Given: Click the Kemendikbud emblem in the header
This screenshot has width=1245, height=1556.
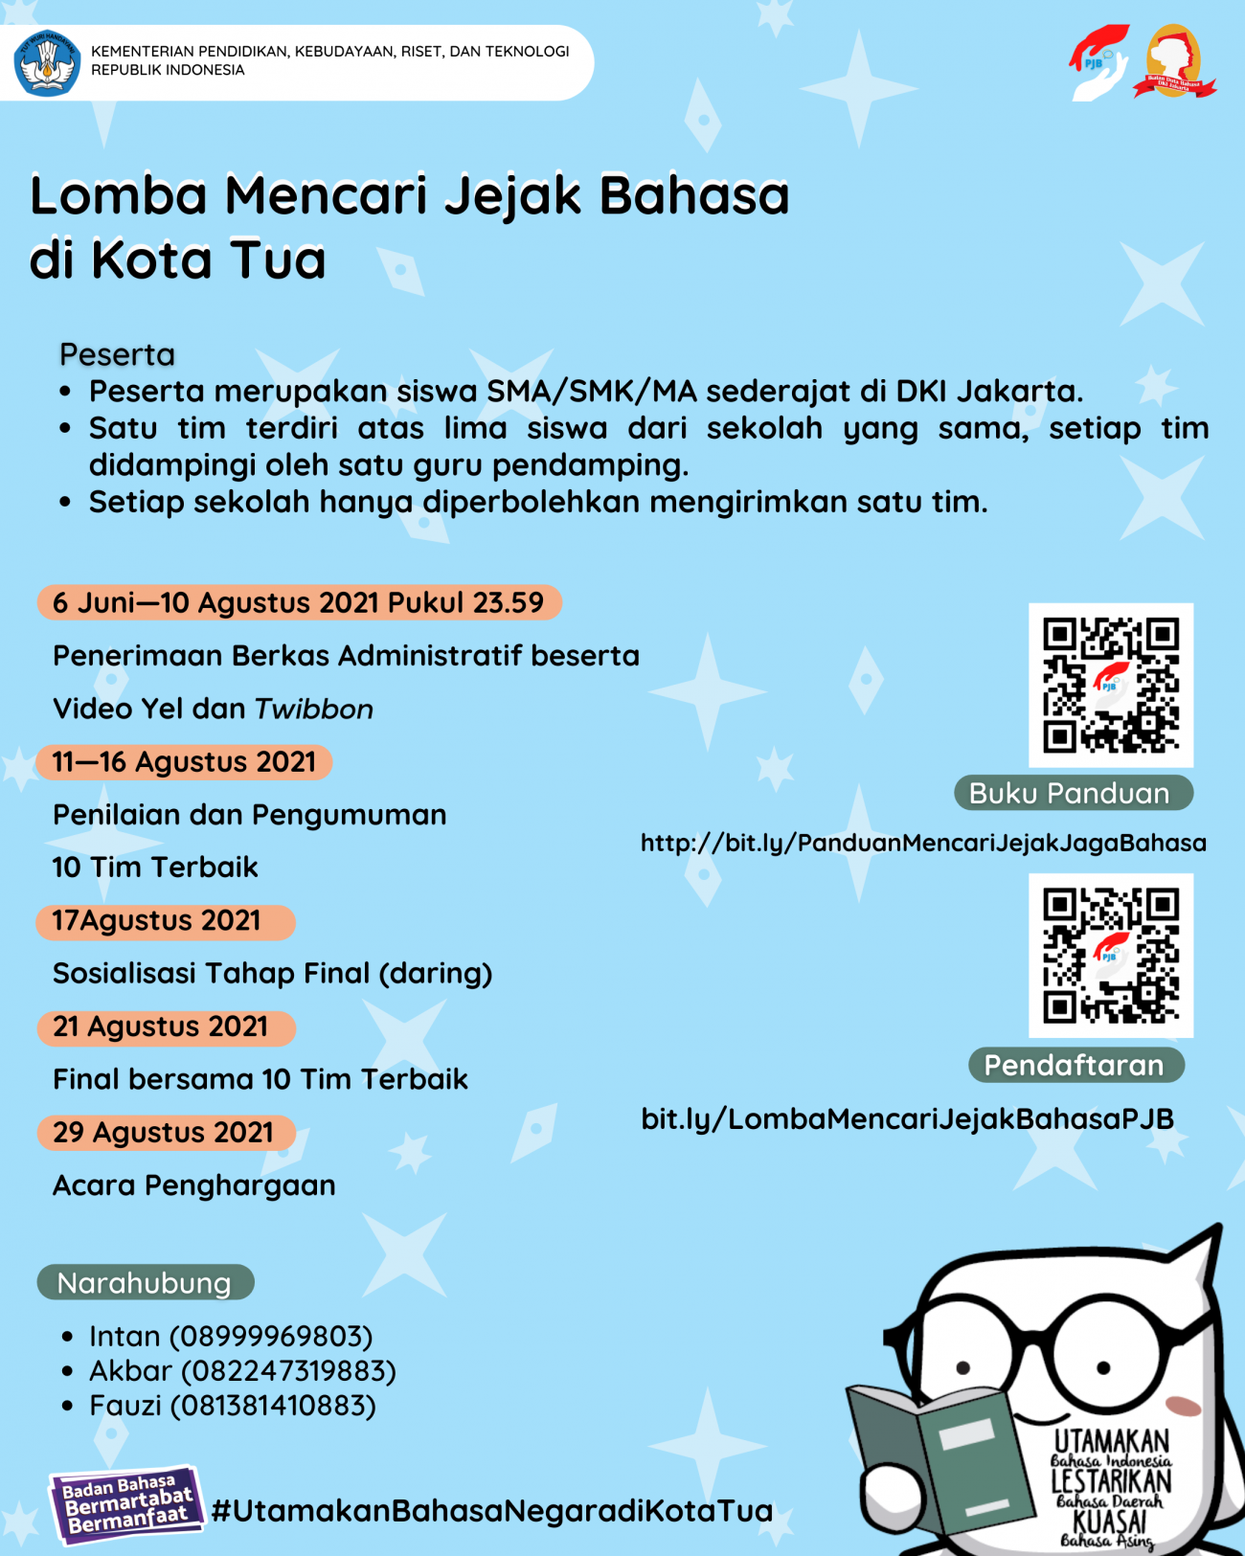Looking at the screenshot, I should click(47, 63).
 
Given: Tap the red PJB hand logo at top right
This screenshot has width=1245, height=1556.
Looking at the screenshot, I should click(1098, 61).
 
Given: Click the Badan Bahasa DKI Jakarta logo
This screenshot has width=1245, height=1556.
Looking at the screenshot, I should click(1174, 62).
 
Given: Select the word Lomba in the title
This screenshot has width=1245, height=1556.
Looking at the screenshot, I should click(119, 195).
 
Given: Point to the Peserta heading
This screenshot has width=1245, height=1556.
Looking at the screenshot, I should click(117, 354).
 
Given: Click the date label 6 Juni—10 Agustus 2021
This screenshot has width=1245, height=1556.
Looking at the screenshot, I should click(298, 602).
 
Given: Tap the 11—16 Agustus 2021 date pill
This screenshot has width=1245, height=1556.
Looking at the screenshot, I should click(184, 762).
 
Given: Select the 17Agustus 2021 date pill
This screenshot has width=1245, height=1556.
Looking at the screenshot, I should click(165, 921).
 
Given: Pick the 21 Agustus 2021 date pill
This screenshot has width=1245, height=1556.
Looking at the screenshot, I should click(165, 1027).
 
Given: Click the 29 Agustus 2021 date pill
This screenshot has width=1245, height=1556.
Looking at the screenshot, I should click(165, 1133).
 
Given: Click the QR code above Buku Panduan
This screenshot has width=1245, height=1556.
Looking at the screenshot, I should click(1111, 685).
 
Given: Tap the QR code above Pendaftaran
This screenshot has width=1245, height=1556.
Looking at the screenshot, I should click(1111, 955).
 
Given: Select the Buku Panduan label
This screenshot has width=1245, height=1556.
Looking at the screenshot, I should click(1072, 794).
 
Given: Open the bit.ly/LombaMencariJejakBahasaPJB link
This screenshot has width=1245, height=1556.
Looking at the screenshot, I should click(907, 1118).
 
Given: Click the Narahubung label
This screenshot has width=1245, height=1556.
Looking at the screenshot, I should click(145, 1283).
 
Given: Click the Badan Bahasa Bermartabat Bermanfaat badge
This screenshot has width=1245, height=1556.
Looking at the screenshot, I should click(126, 1504).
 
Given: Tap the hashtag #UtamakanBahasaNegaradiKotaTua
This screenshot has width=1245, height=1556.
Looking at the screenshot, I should click(492, 1511).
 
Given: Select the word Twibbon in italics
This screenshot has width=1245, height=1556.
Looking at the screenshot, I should click(313, 710).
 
